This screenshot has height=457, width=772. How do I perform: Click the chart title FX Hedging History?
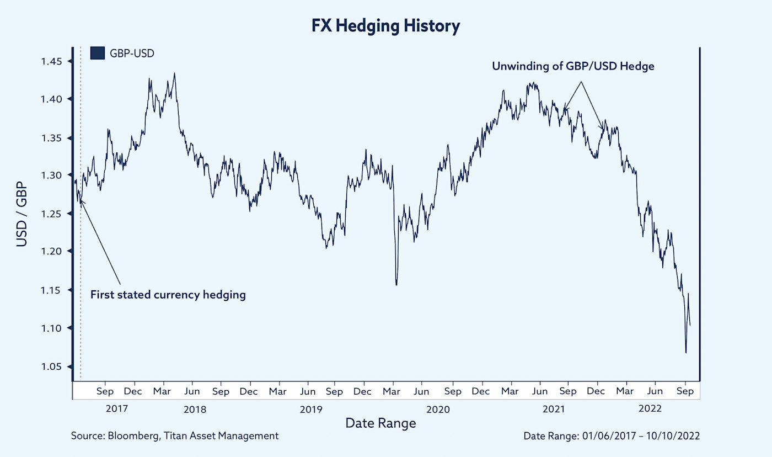point(386,26)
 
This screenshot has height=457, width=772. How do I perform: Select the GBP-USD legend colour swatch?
point(97,53)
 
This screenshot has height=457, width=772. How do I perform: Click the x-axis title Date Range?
point(380,423)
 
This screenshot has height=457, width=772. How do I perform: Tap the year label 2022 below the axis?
point(649,410)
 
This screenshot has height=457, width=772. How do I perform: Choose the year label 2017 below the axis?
point(116,410)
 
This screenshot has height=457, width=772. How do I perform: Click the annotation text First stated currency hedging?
point(168,295)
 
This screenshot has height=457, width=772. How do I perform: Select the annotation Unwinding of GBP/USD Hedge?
point(573,66)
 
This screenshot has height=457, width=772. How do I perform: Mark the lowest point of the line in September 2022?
point(685,353)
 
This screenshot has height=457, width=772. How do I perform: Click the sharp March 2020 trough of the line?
point(396,285)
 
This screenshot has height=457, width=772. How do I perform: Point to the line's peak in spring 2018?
point(174,73)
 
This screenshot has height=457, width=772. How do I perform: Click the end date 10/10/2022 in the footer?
point(675,436)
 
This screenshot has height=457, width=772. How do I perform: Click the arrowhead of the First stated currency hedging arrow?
point(81,201)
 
